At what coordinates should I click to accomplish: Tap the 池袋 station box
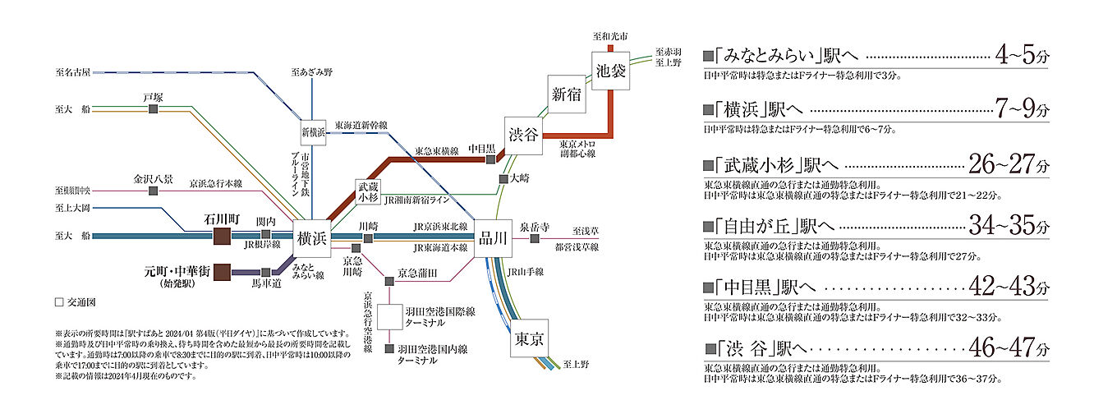(x=611, y=69)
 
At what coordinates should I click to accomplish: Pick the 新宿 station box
(x=566, y=94)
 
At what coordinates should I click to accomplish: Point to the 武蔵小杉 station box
(x=368, y=192)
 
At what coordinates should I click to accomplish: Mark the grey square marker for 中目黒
(x=491, y=159)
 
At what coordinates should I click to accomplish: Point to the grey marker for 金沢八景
(x=153, y=191)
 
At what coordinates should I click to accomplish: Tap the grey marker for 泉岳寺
(x=535, y=238)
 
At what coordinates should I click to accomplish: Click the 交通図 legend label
(x=75, y=302)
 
